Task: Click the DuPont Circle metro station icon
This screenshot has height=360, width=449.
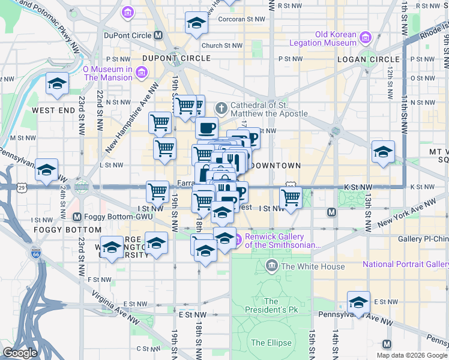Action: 158,35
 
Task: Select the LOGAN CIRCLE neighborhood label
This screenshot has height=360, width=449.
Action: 368,59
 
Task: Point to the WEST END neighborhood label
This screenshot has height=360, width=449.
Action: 53,110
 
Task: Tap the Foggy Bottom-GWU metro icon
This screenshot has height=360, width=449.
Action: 77,217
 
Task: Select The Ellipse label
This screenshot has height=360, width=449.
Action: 271,343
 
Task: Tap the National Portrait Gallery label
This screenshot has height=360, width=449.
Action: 405,264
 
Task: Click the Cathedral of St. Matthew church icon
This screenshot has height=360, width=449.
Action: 221,109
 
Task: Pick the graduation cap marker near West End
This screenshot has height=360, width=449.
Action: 57,84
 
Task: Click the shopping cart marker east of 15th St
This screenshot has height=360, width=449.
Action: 291,197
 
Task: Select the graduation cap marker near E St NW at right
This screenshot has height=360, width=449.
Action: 358,302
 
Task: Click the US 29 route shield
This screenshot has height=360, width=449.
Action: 22,188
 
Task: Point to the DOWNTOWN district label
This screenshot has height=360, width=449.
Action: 274,165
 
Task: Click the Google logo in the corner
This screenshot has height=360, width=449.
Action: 20,353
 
